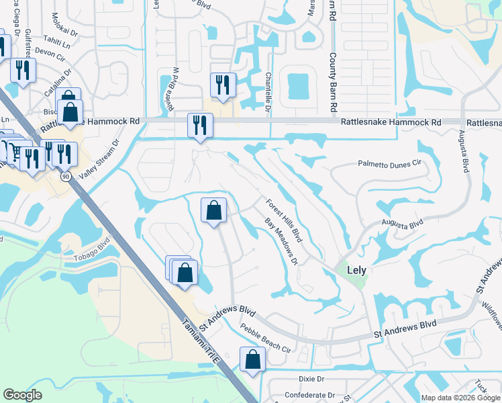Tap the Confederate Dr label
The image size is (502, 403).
(313, 395)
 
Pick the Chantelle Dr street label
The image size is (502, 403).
(268, 92)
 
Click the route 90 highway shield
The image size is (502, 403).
(65, 176)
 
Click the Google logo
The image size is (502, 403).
(23, 395)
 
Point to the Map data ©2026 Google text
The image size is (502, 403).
(460, 397)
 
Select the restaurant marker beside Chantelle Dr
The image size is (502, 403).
(222, 85)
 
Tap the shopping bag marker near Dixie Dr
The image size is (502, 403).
(252, 359)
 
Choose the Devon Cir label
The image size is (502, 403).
(48, 52)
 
